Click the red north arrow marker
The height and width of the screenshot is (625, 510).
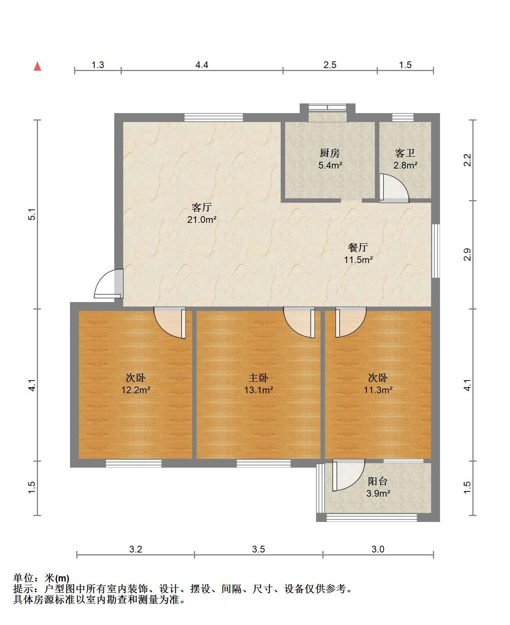(37, 66)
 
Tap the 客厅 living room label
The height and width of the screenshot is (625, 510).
(202, 207)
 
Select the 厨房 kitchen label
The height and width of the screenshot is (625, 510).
(330, 153)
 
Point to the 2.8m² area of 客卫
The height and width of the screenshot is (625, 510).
(405, 165)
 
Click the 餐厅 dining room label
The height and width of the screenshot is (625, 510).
(358, 247)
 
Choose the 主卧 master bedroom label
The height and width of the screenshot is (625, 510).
(258, 378)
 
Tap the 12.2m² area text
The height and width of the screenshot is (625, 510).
(136, 390)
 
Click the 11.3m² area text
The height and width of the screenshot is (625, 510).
(378, 390)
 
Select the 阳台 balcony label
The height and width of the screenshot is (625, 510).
(378, 481)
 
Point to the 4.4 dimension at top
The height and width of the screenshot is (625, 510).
(202, 65)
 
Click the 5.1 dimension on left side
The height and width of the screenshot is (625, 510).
(32, 215)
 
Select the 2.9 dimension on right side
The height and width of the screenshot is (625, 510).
(468, 254)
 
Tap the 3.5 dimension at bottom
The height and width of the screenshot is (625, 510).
(258, 549)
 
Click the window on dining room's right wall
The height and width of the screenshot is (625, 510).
(436, 251)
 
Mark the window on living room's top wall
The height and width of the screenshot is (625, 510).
(214, 118)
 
